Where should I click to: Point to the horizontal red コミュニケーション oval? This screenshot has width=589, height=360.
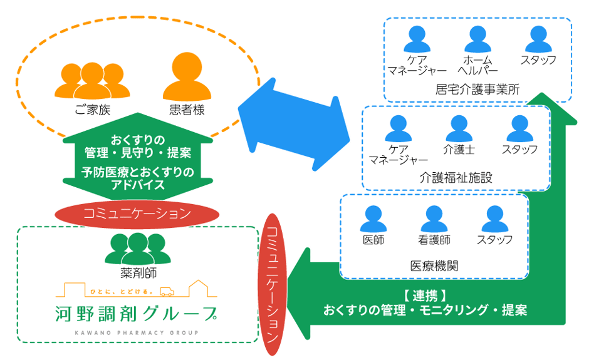tap(137, 213)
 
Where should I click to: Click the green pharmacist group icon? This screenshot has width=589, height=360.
tap(137, 248)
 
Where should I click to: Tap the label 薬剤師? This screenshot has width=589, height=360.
tap(137, 273)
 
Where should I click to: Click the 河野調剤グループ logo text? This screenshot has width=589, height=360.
tap(137, 312)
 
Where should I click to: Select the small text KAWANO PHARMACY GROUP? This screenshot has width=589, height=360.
tap(137, 332)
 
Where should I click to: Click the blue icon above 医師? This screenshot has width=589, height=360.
tap(373, 219)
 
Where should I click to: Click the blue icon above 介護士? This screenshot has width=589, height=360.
tap(459, 128)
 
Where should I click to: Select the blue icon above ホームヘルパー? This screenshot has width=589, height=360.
tap(478, 39)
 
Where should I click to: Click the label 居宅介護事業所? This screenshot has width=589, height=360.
tap(477, 89)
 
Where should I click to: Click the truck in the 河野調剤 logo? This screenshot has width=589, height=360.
tap(167, 291)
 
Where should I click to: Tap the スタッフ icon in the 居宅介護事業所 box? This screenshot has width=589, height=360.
tap(538, 39)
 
